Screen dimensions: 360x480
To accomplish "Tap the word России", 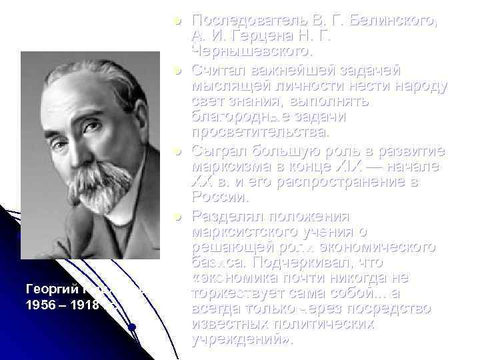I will point(219,197).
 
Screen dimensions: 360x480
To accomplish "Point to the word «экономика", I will point(233,278).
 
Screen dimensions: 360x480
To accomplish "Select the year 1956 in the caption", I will point(39,306).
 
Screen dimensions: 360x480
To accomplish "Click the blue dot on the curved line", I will point(133,327).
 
